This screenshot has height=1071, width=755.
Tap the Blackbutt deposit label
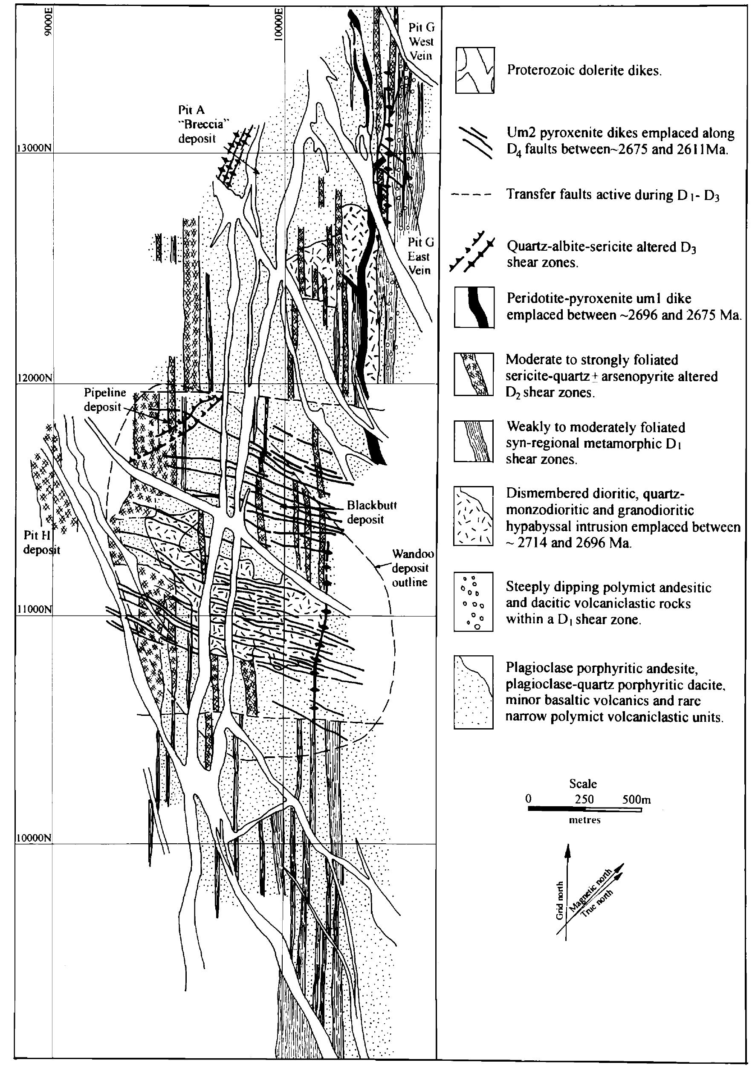pyautogui.click(x=365, y=512)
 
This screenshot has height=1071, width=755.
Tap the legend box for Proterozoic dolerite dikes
pyautogui.click(x=474, y=70)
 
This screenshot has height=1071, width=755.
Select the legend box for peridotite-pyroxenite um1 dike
pyautogui.click(x=474, y=307)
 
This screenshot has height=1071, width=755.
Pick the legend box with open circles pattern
pyautogui.click(x=473, y=601)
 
